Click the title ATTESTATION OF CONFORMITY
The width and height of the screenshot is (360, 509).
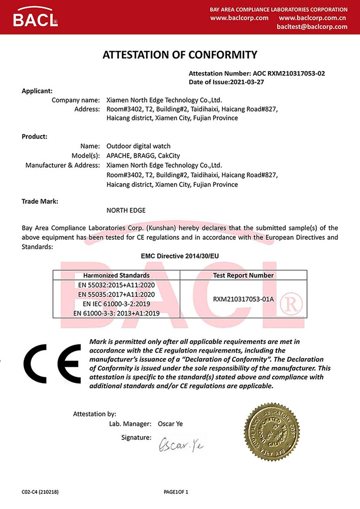point(180,55)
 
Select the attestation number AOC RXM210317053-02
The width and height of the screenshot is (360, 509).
point(288,73)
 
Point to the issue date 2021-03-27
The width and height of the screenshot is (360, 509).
point(248,81)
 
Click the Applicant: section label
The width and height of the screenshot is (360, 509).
point(37,91)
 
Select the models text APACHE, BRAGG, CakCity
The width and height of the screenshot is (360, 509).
point(143,155)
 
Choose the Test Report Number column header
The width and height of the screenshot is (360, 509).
point(243,275)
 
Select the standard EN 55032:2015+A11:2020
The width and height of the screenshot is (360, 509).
point(116,284)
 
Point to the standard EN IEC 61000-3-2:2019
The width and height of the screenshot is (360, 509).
point(116,304)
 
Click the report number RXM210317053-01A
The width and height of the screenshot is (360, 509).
point(243,299)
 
